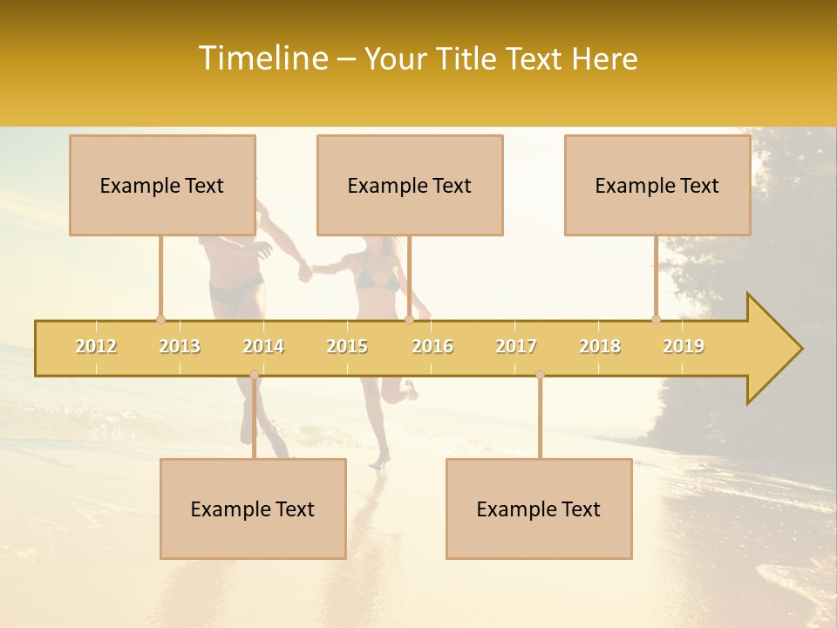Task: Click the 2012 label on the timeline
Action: tap(96, 346)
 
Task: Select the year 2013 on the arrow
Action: tap(180, 346)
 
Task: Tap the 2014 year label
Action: tap(263, 346)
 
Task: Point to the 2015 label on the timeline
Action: tap(347, 346)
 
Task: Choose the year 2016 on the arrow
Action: tap(432, 346)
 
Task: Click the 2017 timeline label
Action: tap(516, 346)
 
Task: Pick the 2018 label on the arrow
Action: tap(600, 346)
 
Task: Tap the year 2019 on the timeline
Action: tap(684, 346)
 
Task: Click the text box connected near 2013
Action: tap(162, 185)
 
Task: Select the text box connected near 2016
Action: tap(410, 185)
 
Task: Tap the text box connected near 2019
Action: tap(657, 185)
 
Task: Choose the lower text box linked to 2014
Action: tap(253, 509)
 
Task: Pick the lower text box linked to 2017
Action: tap(539, 509)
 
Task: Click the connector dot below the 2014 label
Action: tap(254, 374)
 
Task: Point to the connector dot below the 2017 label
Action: tap(540, 374)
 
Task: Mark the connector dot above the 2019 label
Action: tap(656, 319)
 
